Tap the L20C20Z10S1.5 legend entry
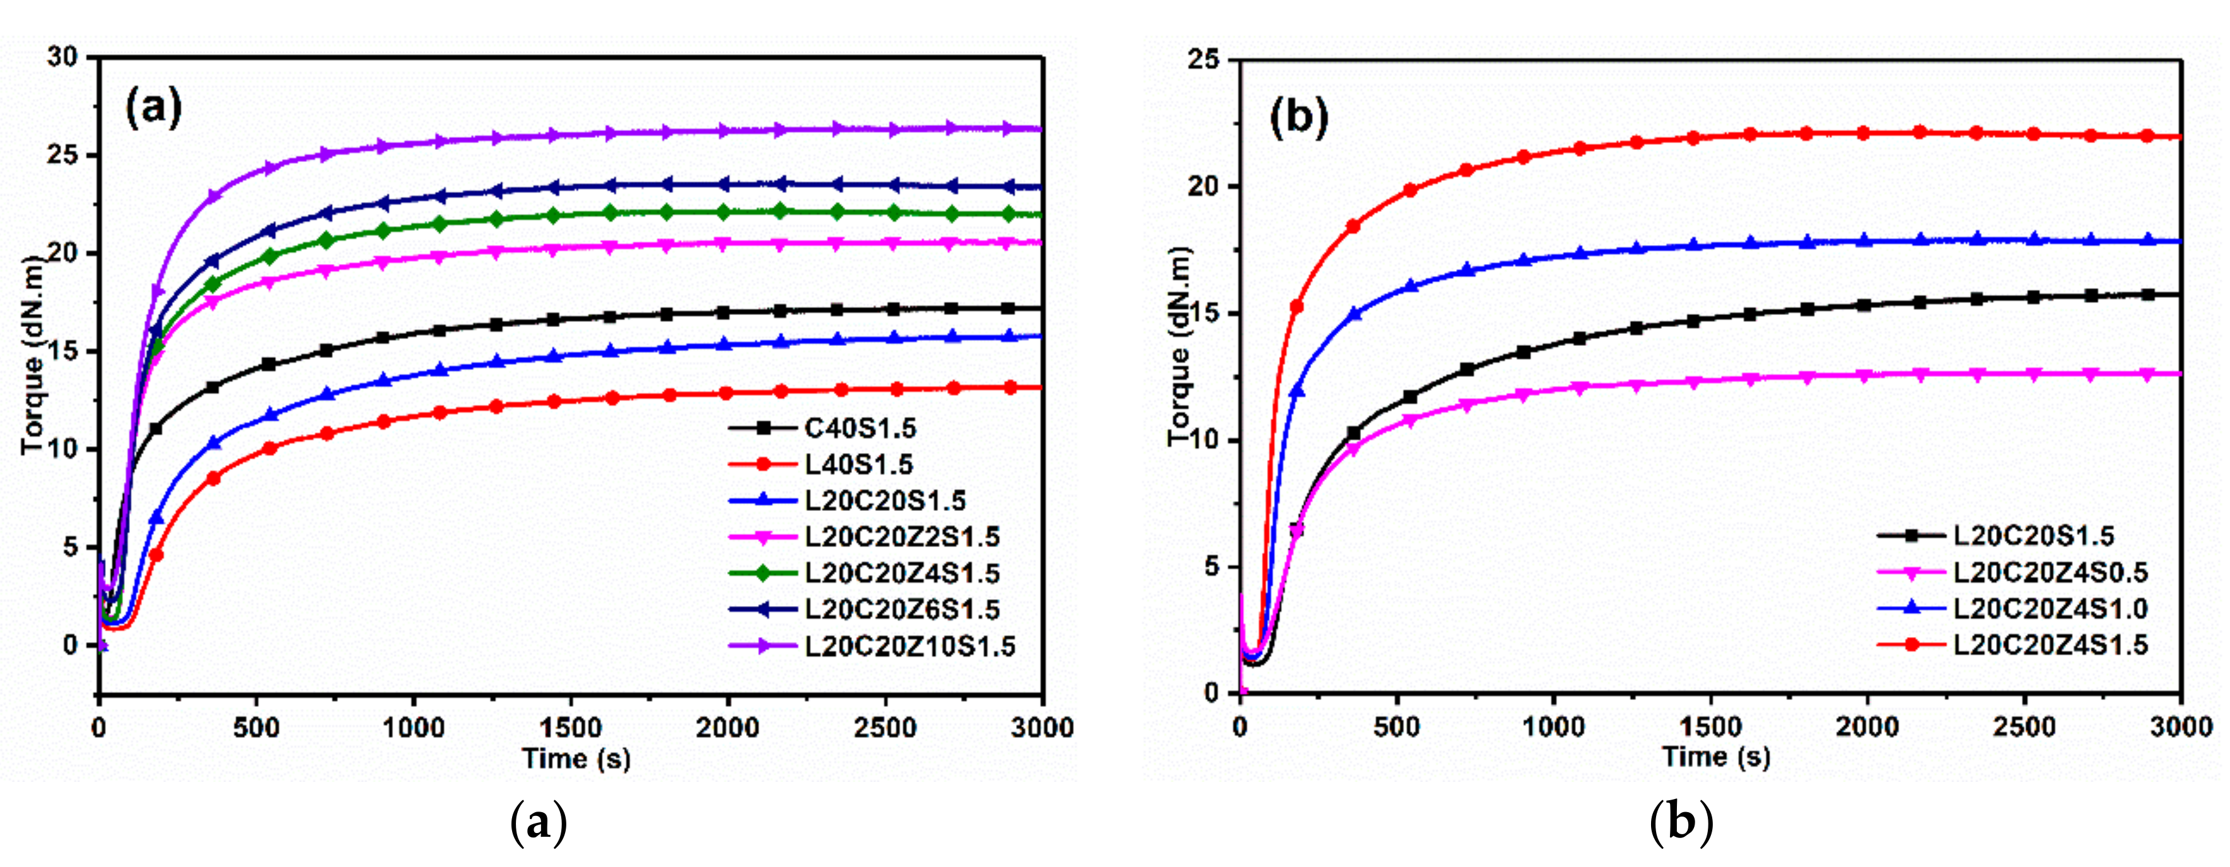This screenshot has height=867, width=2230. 909,646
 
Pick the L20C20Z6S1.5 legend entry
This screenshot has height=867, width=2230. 901,610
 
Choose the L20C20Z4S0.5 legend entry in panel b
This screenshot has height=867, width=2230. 2050,572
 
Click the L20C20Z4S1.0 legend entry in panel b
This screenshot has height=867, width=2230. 2050,608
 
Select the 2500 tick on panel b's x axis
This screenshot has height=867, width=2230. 2023,727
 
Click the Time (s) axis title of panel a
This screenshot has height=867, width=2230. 576,759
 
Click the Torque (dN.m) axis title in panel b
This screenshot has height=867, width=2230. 1179,346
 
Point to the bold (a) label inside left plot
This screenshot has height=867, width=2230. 153,108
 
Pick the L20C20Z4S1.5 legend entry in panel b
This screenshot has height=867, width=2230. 2050,645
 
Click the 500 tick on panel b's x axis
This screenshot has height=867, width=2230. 1396,727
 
